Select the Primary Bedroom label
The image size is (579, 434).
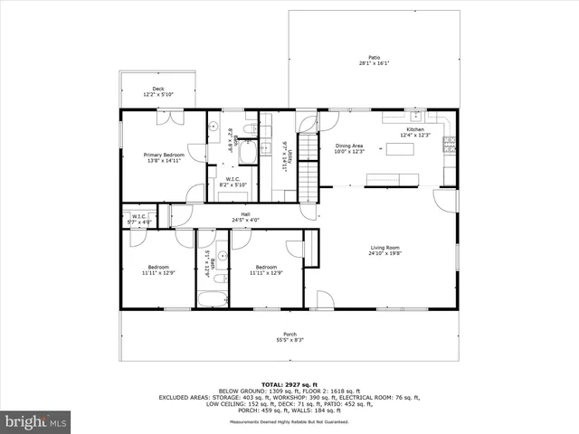164,155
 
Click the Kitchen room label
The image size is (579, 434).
414,129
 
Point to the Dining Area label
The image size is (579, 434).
349,146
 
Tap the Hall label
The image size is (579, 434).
245,214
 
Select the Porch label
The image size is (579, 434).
289,334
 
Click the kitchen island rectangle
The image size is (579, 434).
400,148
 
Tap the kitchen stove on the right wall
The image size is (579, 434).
448,144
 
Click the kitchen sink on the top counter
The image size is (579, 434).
416,117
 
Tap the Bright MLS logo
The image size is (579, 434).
35,421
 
